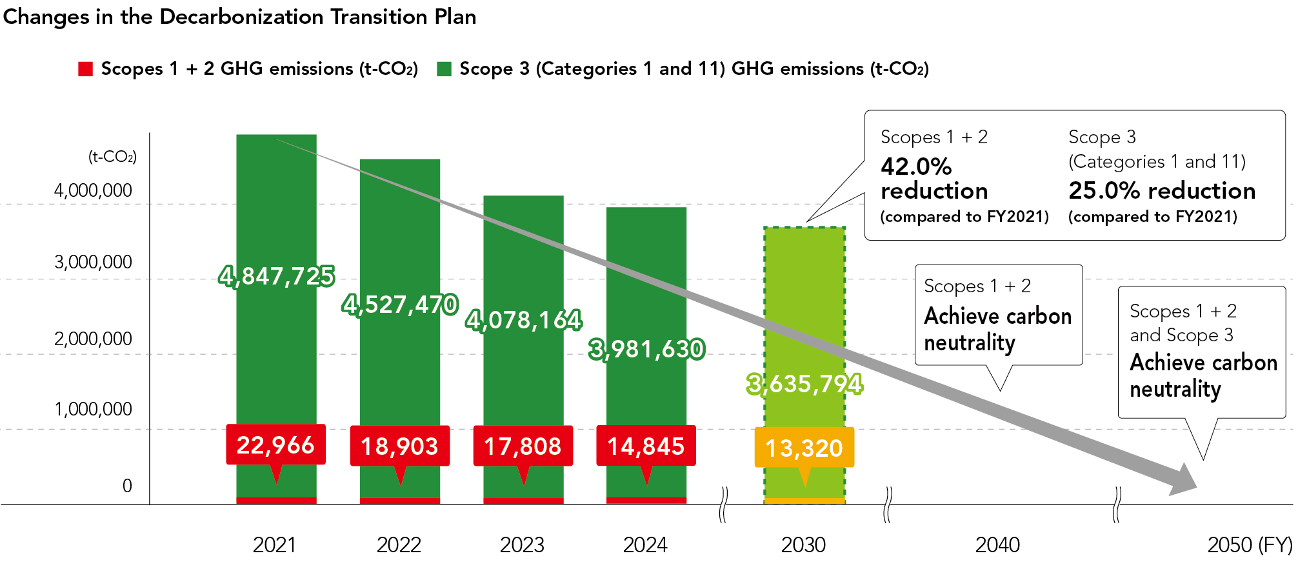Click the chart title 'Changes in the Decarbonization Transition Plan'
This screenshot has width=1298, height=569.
click(x=239, y=17)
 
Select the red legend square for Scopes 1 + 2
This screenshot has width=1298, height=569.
click(x=85, y=69)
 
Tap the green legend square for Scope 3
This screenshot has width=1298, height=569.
click(x=444, y=69)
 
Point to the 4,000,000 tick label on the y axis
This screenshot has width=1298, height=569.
click(x=93, y=190)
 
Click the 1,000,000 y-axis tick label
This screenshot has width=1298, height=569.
click(x=93, y=409)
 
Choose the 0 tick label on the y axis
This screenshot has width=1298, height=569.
click(x=127, y=486)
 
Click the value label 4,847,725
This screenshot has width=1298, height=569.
click(x=276, y=276)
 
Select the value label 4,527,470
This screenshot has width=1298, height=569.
click(x=400, y=304)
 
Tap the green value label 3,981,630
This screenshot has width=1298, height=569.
click(x=646, y=349)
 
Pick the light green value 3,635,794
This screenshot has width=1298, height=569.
click(x=804, y=384)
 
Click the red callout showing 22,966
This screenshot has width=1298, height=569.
click(x=275, y=445)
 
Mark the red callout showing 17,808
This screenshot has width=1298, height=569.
click(x=523, y=446)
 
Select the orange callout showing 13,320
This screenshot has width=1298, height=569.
click(x=804, y=448)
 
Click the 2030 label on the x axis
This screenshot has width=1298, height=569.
click(x=803, y=545)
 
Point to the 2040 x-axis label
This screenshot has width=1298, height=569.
click(x=997, y=545)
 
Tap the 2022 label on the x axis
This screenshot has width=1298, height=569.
click(x=399, y=545)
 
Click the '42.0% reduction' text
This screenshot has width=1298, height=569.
click(x=934, y=179)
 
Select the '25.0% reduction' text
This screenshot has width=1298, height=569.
click(x=1162, y=190)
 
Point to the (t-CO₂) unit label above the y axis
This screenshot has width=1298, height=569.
click(x=112, y=157)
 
